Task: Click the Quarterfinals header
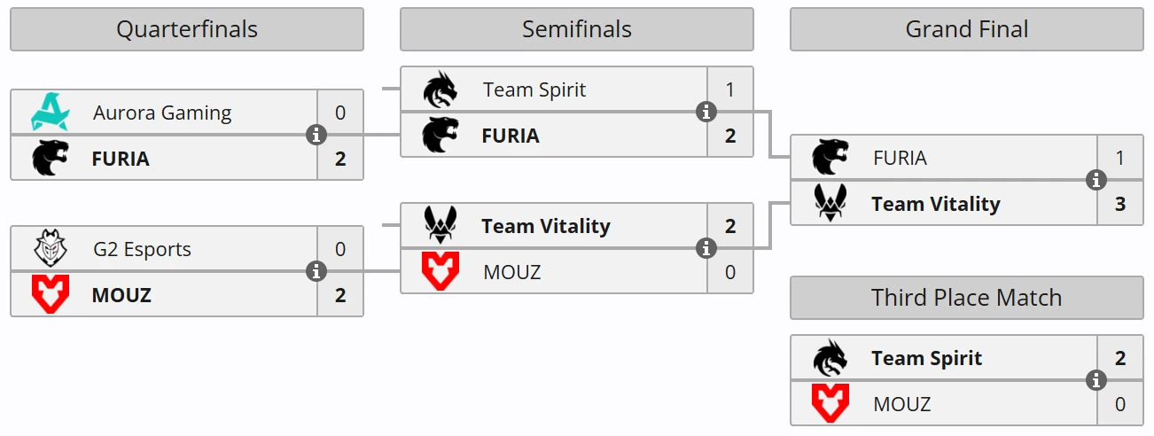(186, 29)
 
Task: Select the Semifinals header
(576, 29)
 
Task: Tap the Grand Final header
(966, 29)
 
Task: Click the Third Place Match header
(966, 298)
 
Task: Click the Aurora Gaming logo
(50, 113)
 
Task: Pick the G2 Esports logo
(50, 249)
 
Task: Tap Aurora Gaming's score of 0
(340, 113)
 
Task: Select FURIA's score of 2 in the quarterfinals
(340, 159)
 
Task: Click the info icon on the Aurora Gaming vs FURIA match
(316, 136)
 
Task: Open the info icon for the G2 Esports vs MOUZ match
(316, 272)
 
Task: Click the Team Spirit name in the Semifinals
(534, 90)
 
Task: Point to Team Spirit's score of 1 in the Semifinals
(730, 90)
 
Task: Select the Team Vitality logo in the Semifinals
(440, 226)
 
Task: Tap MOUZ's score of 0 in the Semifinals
(730, 272)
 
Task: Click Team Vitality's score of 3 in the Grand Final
(1120, 204)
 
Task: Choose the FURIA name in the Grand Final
(900, 158)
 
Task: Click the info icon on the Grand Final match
(1096, 181)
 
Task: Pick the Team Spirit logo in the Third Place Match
(830, 358)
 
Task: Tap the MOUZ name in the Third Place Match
(901, 404)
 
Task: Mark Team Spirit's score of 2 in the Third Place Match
(1120, 358)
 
